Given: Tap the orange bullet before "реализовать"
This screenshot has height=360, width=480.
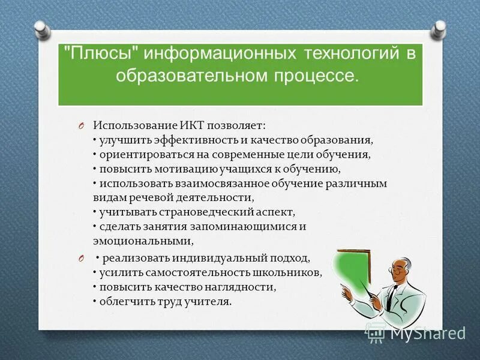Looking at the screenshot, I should tap(80, 259).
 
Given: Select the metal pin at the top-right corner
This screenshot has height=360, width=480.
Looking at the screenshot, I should tap(440, 28).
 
